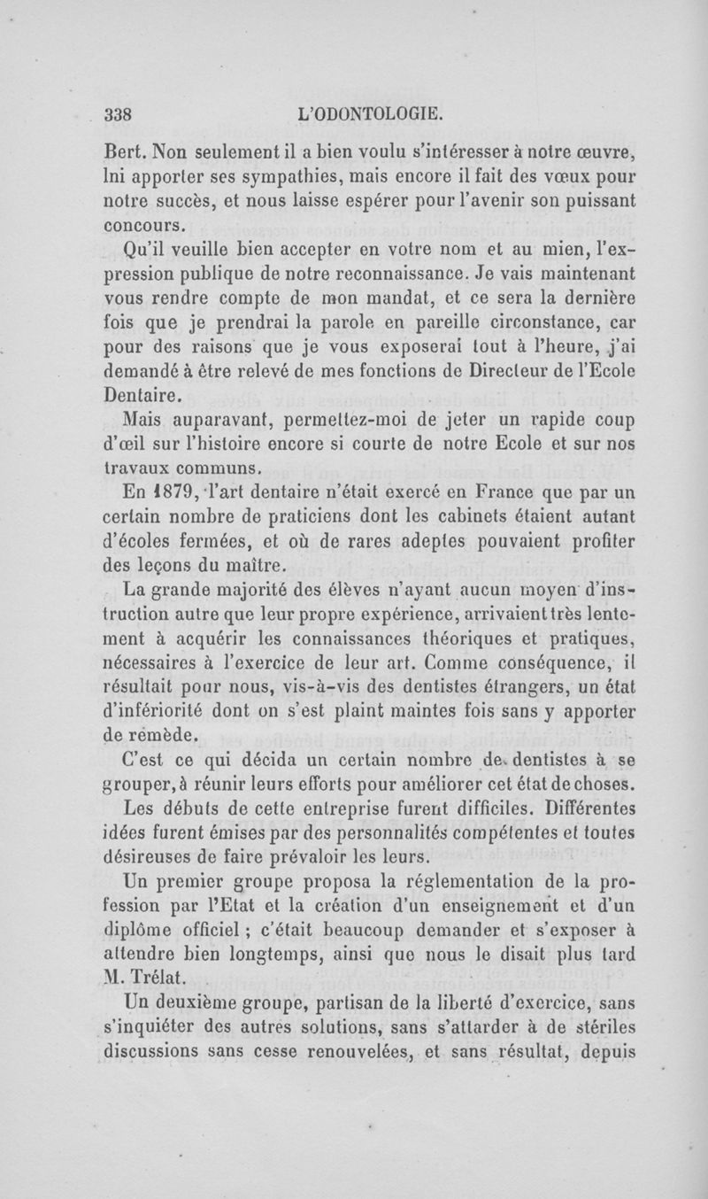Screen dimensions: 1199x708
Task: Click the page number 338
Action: point(118,114)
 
